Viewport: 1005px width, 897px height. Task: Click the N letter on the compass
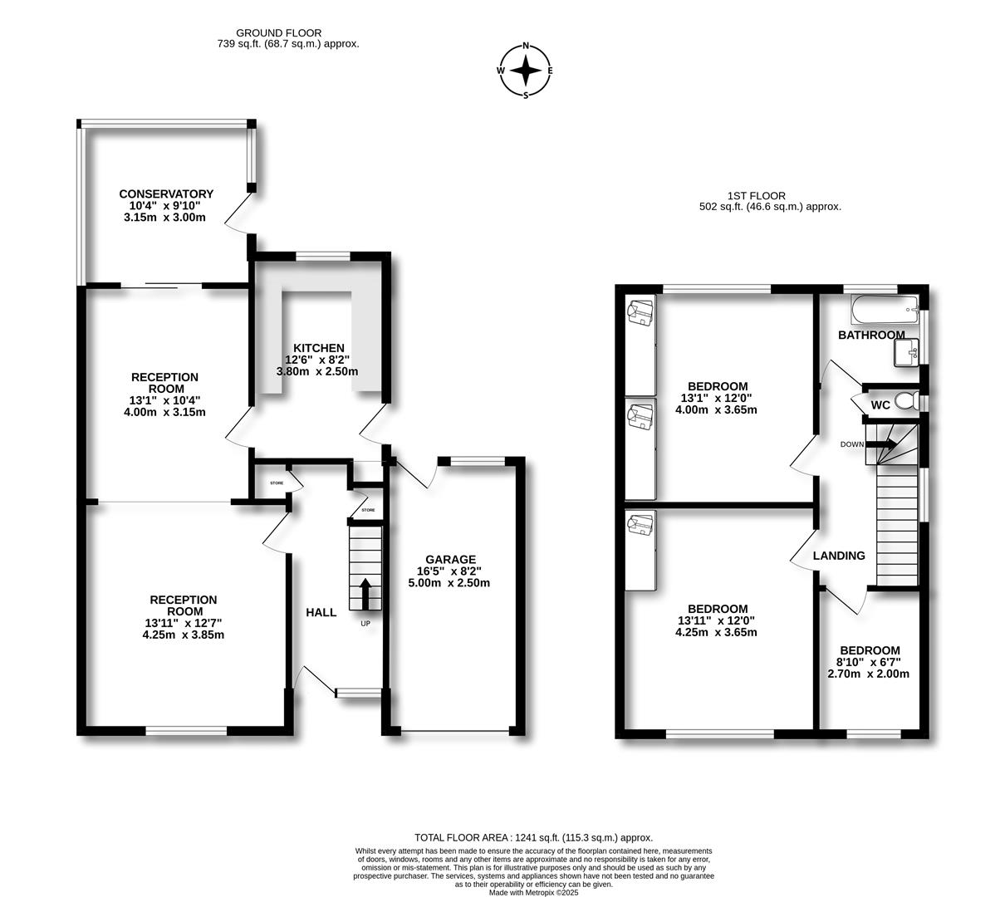tap(526, 47)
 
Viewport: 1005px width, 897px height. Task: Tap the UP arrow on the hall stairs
tap(365, 593)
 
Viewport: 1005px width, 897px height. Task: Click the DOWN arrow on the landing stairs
tap(880, 444)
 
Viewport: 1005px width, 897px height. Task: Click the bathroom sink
tap(906, 352)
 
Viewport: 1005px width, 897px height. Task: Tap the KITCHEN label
tap(318, 348)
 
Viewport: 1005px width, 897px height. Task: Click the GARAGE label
tap(450, 559)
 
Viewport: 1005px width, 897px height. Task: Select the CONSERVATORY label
tap(166, 194)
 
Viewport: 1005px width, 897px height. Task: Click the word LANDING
tap(839, 556)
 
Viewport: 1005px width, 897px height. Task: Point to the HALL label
tap(321, 612)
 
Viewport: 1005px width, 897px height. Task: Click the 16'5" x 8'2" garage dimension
tap(449, 571)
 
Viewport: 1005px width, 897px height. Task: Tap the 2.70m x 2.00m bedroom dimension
tap(869, 674)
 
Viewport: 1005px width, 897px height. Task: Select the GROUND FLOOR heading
tap(279, 32)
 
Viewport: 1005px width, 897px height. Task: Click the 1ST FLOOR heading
tap(757, 195)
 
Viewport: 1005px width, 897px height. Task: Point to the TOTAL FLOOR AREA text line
tap(534, 837)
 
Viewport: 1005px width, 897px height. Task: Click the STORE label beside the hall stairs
tap(368, 510)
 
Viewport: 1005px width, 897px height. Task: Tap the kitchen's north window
tap(323, 256)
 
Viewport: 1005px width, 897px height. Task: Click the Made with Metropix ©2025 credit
tap(534, 892)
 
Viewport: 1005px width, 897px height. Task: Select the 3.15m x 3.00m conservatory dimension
tap(164, 217)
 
